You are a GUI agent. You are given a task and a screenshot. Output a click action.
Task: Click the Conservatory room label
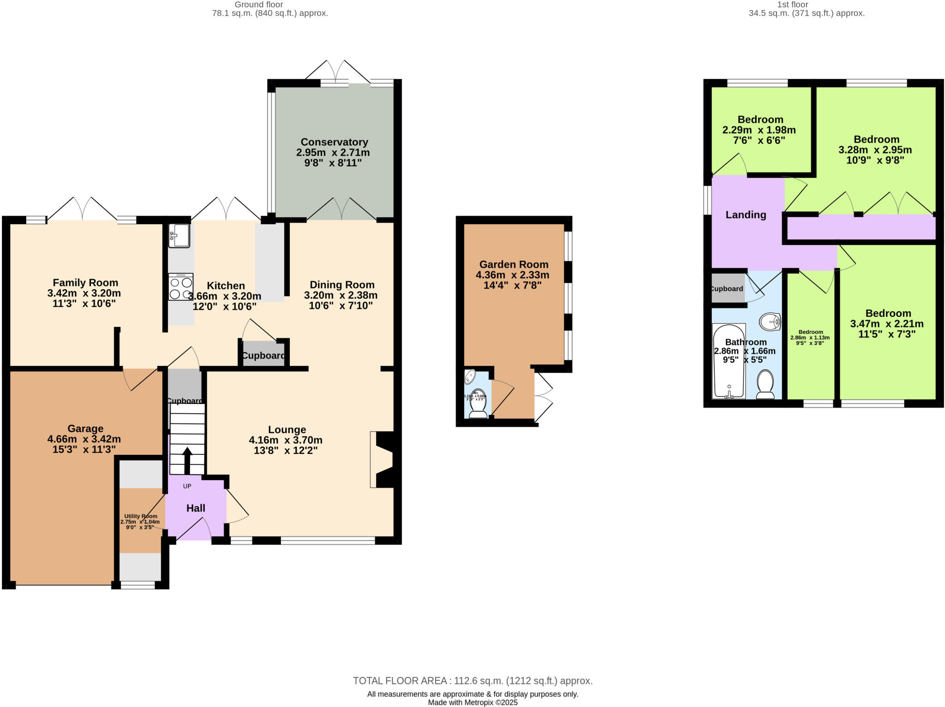(x=334, y=142)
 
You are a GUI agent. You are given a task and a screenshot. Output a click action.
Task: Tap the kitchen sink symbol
(x=179, y=236)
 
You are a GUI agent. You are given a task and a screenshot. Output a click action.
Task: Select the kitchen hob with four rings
(x=180, y=287)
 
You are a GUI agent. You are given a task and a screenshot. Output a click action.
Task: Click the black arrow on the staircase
(x=187, y=460)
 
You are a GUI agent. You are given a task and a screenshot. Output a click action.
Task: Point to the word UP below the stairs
(x=187, y=486)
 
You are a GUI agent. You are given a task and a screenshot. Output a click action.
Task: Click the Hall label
(x=196, y=508)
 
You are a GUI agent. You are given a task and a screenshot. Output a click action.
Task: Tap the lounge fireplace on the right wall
(x=384, y=459)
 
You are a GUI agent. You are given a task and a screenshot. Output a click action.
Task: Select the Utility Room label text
(x=141, y=517)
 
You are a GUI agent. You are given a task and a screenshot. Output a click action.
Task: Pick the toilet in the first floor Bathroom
(x=766, y=384)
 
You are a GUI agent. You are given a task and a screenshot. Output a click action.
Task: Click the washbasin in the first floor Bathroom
(x=770, y=321)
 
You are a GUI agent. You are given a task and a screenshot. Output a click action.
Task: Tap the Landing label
(x=746, y=215)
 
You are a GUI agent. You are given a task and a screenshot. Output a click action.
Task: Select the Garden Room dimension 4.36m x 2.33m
(x=513, y=275)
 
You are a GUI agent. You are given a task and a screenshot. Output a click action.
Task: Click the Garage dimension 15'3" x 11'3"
(x=84, y=450)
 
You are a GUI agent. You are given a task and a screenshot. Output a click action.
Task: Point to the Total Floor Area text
(x=472, y=681)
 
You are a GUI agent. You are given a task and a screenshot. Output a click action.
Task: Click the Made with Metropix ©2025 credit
(x=472, y=703)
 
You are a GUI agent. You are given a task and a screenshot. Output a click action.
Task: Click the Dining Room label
(x=342, y=285)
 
